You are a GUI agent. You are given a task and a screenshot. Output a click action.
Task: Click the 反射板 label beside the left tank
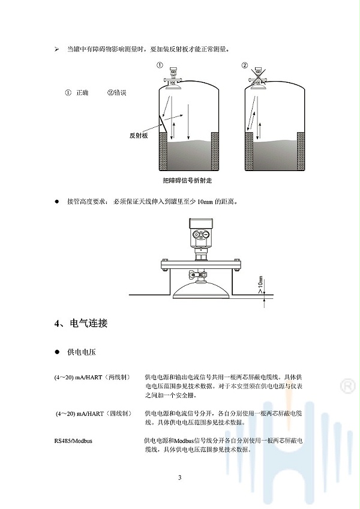coord(139,136)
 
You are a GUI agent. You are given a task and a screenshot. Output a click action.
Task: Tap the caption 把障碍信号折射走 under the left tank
coord(187,181)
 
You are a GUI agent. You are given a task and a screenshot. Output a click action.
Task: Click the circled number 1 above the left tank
coord(160,65)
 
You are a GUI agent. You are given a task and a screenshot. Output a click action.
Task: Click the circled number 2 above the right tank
coord(244,65)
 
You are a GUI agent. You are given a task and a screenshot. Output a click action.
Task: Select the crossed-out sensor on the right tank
coord(259,77)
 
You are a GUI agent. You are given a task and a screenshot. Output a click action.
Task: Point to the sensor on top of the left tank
coord(173,77)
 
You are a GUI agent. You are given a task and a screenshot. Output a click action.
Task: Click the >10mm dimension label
coord(260,285)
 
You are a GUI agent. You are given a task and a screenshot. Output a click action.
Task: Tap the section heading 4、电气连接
coord(81,324)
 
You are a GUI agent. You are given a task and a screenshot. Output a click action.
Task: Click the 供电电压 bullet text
coord(82,352)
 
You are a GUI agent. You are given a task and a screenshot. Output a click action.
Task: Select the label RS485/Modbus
coord(73,441)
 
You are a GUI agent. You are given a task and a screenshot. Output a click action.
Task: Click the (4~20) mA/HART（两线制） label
coord(92,377)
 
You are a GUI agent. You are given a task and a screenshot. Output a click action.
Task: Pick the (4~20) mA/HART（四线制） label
coord(94,414)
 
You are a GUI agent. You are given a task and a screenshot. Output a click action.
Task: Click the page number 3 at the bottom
coord(180,478)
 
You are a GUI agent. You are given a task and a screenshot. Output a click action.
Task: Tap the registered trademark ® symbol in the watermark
coord(347,386)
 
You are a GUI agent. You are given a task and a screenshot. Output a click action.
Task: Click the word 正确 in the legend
coord(82,93)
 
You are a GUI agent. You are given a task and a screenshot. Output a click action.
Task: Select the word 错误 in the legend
coord(120,93)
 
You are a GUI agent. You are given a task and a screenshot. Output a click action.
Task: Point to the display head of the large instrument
coord(201,233)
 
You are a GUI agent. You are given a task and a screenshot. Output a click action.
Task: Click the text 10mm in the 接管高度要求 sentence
coord(205,202)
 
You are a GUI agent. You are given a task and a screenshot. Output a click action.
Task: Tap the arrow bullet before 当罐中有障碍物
coord(57,50)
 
